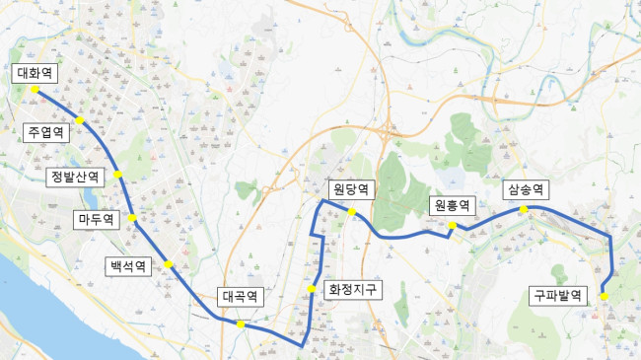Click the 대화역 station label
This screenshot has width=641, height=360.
(x=36, y=73)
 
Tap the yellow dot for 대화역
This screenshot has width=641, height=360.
(x=35, y=89)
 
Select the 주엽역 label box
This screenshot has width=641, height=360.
(x=46, y=131)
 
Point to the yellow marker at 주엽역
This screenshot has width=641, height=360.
(x=80, y=121)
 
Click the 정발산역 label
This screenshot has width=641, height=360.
(x=76, y=177)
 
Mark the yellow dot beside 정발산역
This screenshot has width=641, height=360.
(x=117, y=175)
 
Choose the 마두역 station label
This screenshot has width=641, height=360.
(x=96, y=219)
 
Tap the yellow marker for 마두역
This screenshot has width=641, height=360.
(x=131, y=218)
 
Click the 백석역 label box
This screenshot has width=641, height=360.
(x=128, y=265)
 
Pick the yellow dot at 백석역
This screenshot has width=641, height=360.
(x=169, y=263)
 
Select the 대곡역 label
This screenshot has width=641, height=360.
(x=241, y=296)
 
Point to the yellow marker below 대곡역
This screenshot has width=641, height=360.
(x=240, y=324)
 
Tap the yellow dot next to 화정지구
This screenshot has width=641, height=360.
(x=311, y=289)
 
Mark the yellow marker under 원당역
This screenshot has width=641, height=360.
(x=351, y=211)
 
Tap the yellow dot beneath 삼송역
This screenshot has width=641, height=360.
(x=525, y=209)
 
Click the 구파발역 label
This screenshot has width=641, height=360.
(x=559, y=295)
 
